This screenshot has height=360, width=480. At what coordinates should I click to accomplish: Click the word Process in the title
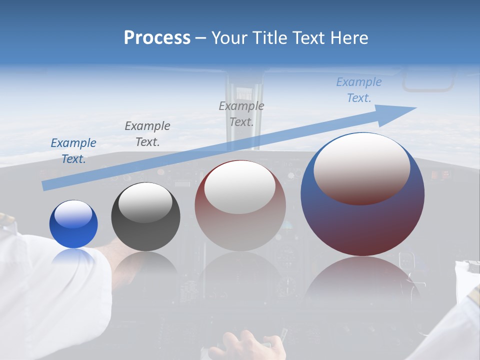pos(157,38)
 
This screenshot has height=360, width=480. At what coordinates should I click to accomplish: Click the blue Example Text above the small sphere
pos(73,151)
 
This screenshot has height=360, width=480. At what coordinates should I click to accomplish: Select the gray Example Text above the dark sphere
pos(147,134)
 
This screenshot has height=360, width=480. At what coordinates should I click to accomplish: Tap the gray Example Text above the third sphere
pos(241,114)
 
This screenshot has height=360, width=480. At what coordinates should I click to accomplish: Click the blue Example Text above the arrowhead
pos(359,90)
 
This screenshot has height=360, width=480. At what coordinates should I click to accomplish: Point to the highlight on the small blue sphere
pos(73,214)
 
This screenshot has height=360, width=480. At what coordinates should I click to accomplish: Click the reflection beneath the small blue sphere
pos(73,256)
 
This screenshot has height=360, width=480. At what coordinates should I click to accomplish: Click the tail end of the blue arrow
pos(44,186)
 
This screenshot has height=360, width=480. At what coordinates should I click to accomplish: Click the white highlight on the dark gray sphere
pos(145,201)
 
